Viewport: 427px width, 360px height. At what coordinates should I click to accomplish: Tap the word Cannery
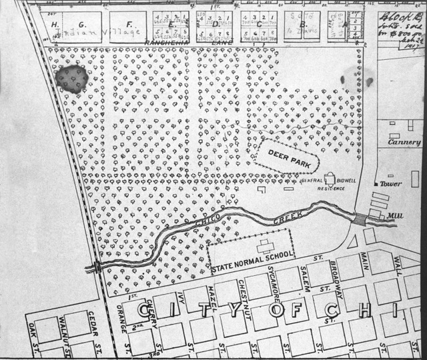405,142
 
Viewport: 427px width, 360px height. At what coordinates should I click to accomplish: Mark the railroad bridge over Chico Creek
98,267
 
